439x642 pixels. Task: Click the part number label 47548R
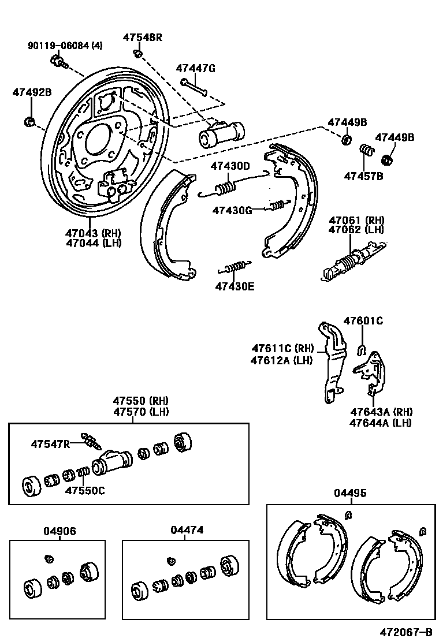click(142, 38)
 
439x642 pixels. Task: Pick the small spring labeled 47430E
click(234, 267)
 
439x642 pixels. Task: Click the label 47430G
click(232, 210)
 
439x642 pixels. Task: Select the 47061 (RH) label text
click(356, 220)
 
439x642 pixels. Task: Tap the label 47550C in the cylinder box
click(84, 491)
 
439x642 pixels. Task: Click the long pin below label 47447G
click(194, 86)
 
